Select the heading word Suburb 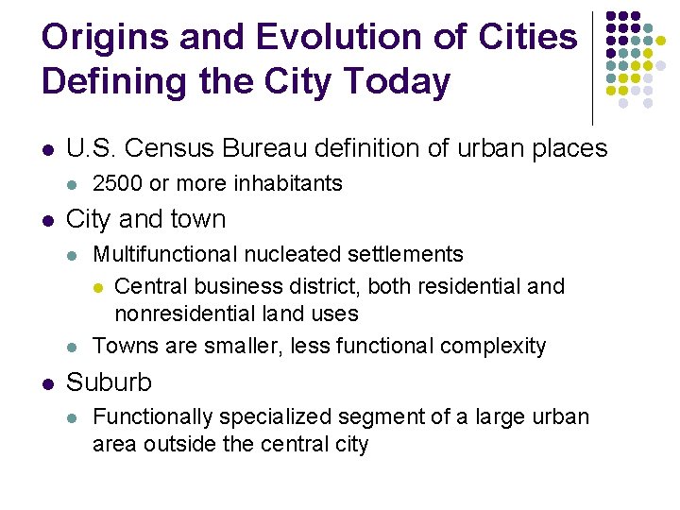click(x=109, y=382)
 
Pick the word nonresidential click(x=187, y=313)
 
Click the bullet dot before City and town click(x=48, y=220)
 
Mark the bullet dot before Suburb click(x=48, y=382)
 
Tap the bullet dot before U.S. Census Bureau click(x=48, y=149)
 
